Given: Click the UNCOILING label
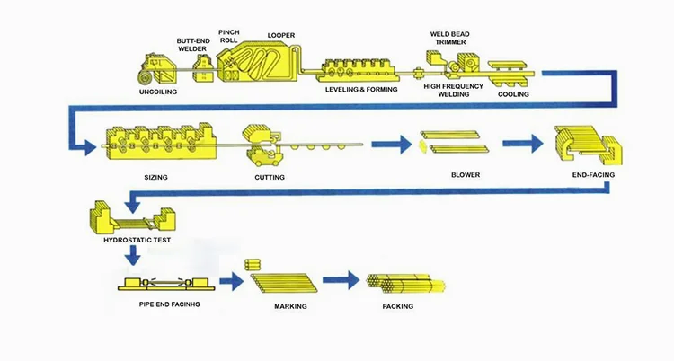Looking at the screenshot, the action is [158, 92].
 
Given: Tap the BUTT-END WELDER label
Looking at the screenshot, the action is [193, 45].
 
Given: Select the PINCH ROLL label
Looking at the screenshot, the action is [228, 36].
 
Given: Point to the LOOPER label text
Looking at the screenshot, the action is [281, 35].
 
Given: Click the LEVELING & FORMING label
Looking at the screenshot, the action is [361, 90].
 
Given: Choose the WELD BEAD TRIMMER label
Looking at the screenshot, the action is [449, 38].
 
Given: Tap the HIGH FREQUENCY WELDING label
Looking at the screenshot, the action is [453, 90].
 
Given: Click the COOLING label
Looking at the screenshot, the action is [513, 94].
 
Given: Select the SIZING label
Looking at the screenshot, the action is [155, 177].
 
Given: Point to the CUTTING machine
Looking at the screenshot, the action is [262, 146].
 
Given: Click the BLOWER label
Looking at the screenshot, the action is [466, 175].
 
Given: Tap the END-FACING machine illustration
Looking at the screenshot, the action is [587, 146].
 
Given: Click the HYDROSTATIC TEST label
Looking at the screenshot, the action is [137, 241].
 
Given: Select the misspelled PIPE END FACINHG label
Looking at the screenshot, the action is [169, 304].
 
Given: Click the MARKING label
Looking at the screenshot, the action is [290, 306].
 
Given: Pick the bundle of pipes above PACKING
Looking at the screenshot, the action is [406, 284].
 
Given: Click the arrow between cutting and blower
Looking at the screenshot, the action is [392, 145].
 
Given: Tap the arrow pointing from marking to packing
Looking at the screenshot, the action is [341, 280].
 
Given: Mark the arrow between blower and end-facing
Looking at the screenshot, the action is [523, 144].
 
